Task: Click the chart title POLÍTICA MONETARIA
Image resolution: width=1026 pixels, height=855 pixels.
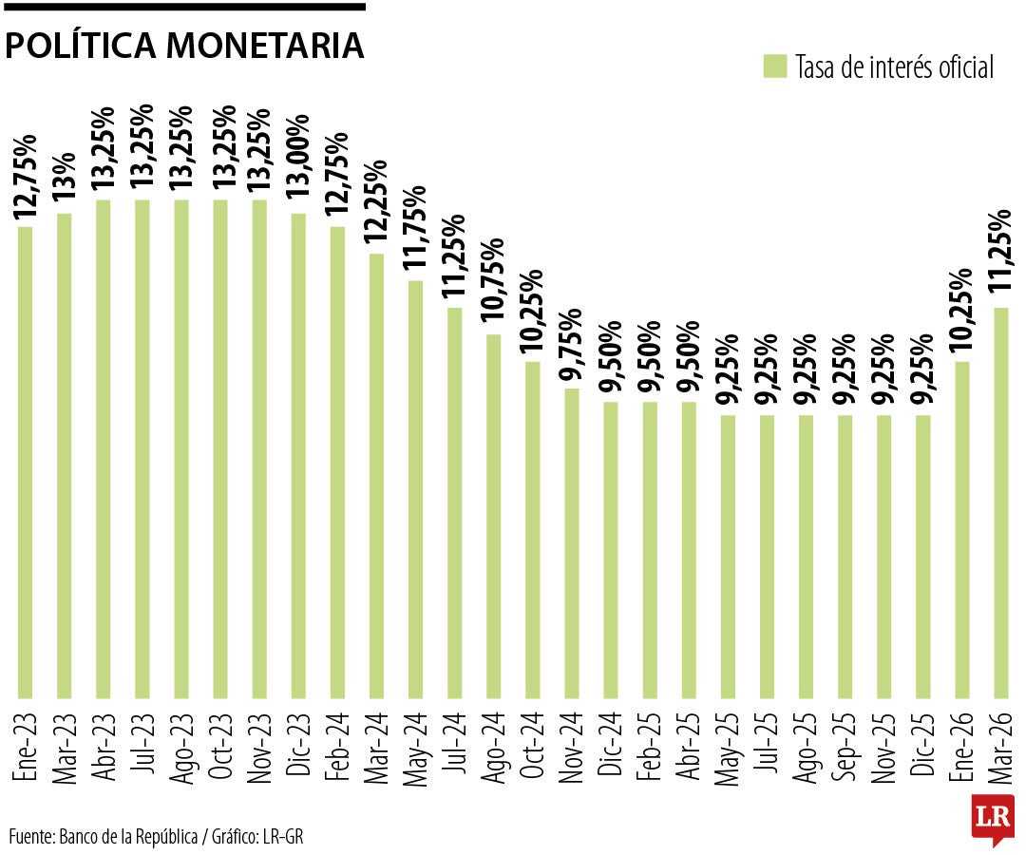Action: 184,46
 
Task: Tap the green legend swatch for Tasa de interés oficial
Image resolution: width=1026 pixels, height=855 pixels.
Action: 774,66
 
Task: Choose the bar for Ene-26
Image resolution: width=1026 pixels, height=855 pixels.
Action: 961,528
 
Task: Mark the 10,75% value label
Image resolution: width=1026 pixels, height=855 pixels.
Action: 493,283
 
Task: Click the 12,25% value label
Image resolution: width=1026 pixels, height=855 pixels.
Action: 376,204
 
